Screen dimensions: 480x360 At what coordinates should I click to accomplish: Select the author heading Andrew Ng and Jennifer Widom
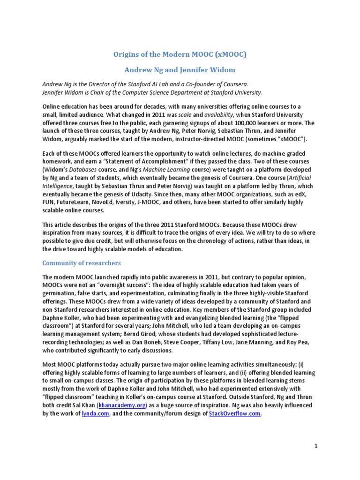tap(180, 70)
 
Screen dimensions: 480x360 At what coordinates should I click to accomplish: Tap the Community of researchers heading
tap(82, 262)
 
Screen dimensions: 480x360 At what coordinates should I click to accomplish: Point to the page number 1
tap(316, 446)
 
